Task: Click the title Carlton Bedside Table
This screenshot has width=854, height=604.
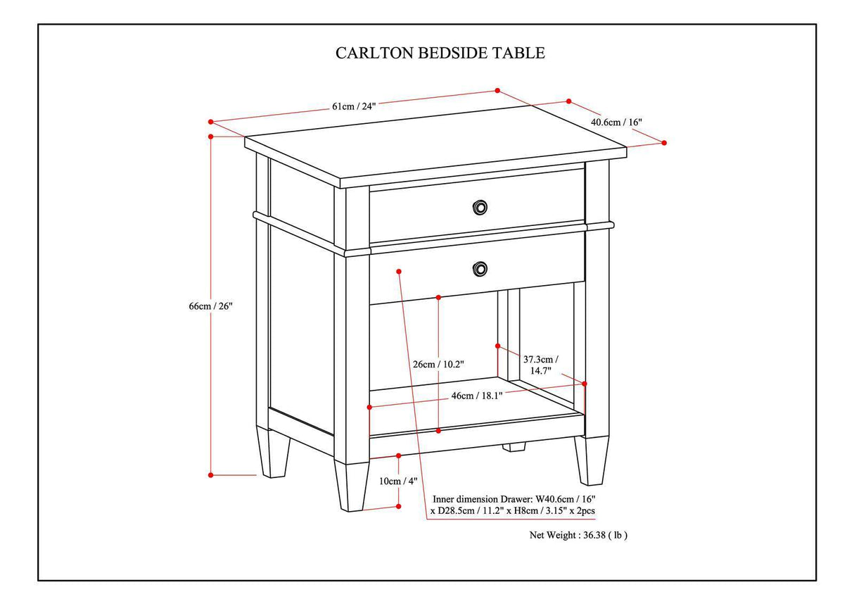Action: coord(440,53)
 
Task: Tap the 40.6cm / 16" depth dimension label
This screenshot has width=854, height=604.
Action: coord(616,122)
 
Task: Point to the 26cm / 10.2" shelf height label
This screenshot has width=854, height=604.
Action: coord(438,364)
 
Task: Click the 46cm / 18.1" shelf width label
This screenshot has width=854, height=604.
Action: coord(476,396)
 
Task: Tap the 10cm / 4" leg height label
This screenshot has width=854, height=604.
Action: coord(398,481)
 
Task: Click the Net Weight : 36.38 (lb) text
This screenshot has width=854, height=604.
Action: coord(578,535)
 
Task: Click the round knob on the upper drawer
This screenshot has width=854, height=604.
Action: coord(480,207)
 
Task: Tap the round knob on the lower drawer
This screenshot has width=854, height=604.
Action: coord(480,268)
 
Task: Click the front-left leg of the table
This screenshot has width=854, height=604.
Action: coord(352,485)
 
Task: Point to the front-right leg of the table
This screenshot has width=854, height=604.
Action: coord(591,460)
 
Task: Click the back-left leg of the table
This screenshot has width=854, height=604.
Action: coord(274,453)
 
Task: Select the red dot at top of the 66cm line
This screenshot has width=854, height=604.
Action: coord(210,137)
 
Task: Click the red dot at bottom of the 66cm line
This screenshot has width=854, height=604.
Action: coord(210,475)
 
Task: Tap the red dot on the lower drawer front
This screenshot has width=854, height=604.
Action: coord(399,270)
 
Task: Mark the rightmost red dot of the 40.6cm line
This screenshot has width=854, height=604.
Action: coord(664,143)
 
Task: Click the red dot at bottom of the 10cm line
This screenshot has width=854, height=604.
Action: coord(399,506)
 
